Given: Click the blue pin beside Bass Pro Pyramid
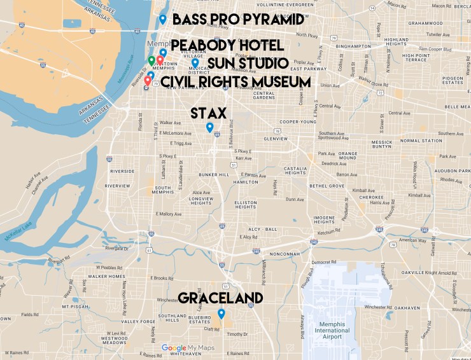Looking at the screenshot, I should (x=163, y=19).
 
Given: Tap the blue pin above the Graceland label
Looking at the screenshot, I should (x=221, y=314).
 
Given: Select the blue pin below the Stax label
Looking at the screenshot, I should (x=209, y=127).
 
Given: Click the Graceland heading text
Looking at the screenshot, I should (x=220, y=298).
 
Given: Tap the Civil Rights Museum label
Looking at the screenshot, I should (x=235, y=82).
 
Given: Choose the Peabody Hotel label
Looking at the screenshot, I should (x=227, y=45).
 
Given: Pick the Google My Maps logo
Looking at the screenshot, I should (x=185, y=348).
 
